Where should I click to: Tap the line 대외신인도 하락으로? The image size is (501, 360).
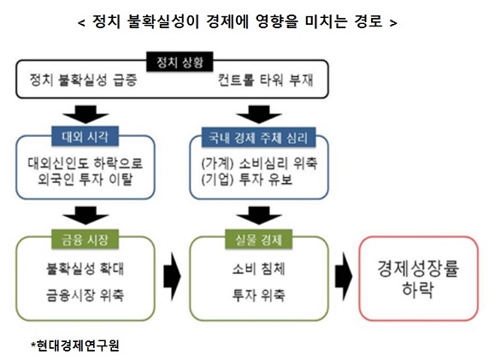pyautogui.click(x=85, y=162)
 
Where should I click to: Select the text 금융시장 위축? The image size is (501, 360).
pyautogui.click(x=85, y=296)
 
